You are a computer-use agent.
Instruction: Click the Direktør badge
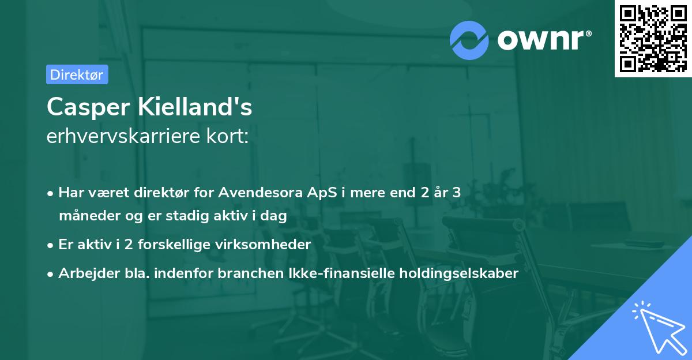click(77, 74)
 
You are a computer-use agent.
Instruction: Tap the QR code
click(653, 38)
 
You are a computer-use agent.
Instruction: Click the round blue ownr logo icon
click(469, 40)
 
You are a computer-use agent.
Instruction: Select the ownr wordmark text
click(543, 40)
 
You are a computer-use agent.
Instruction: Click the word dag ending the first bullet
click(275, 216)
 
